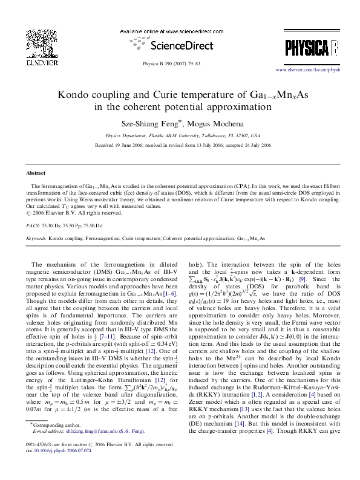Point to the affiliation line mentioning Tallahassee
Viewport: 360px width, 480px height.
pyautogui.click(x=180, y=136)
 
